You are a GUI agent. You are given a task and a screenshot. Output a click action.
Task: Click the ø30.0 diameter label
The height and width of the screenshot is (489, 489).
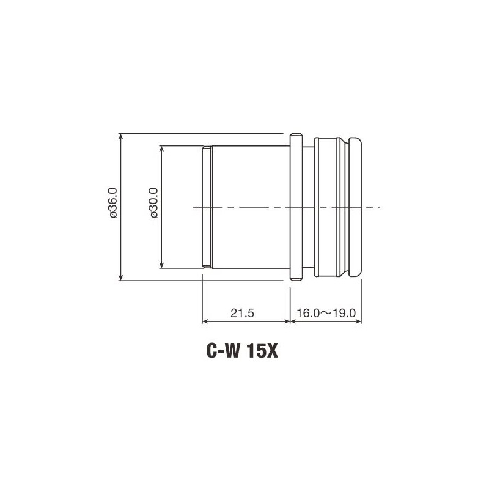153,206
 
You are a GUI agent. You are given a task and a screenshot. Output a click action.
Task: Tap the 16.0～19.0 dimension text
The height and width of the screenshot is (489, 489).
326,313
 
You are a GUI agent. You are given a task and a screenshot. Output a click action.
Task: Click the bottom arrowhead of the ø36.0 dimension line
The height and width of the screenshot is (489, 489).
121,278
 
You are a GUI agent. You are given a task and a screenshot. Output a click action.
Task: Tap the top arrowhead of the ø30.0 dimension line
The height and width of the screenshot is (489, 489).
161,149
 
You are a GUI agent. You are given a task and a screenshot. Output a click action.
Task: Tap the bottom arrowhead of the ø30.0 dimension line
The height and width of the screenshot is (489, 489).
161,265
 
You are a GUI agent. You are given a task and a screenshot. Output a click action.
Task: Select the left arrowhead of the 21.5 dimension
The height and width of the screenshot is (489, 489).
205,322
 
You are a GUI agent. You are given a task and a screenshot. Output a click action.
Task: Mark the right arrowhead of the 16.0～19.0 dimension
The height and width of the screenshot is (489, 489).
360,322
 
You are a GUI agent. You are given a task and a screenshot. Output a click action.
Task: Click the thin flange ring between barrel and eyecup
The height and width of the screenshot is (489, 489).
295,206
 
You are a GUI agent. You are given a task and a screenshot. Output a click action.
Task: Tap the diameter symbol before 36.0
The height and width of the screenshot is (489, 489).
112,216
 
